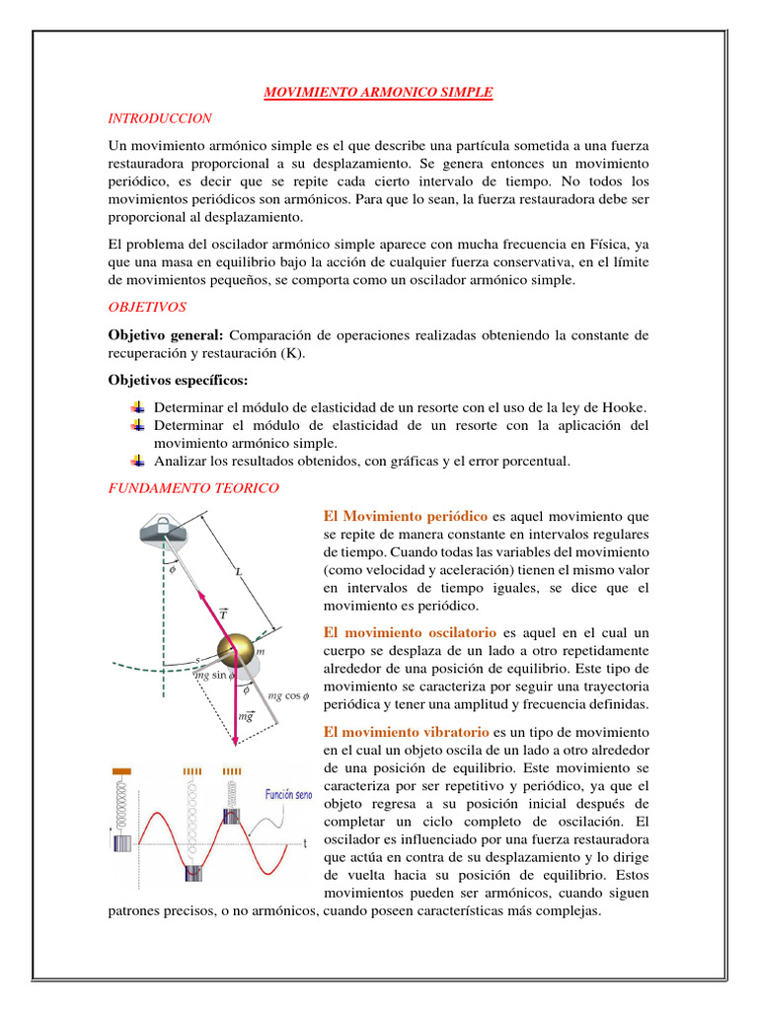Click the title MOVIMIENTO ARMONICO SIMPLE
[378, 93]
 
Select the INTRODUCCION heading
[160, 118]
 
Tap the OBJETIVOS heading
[148, 308]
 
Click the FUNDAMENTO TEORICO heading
[193, 487]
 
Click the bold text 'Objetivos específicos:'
[178, 380]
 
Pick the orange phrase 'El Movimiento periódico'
[406, 516]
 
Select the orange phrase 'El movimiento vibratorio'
[407, 732]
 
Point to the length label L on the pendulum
[239, 571]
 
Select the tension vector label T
[223, 613]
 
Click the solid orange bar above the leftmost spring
[122, 769]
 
